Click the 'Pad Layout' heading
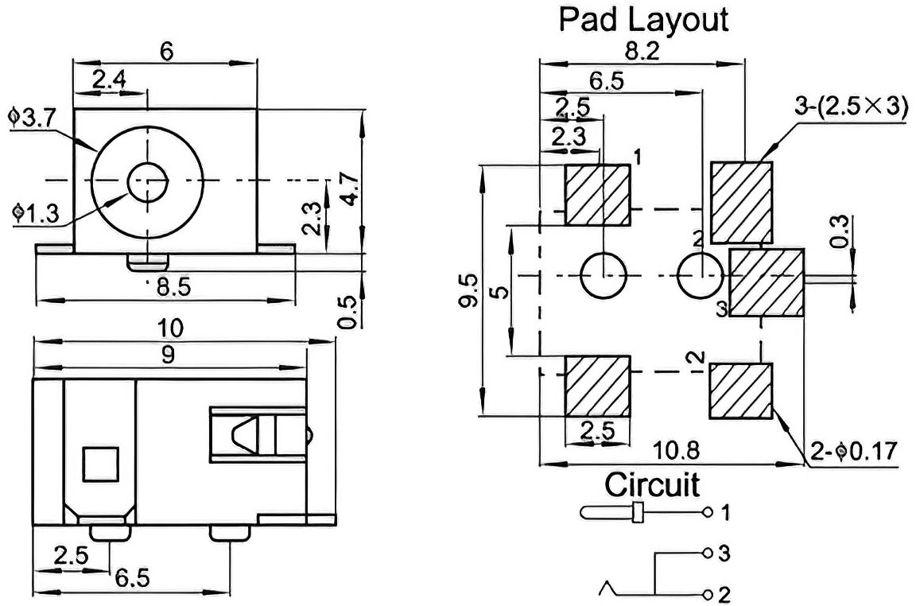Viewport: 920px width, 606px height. pyautogui.click(x=642, y=20)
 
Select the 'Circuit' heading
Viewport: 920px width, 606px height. pyautogui.click(x=652, y=485)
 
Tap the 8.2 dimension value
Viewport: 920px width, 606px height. pyautogui.click(x=642, y=51)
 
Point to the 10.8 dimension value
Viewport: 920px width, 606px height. pyautogui.click(x=676, y=451)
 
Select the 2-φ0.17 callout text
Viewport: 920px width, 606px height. pyautogui.click(x=854, y=452)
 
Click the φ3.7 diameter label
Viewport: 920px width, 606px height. pyautogui.click(x=31, y=118)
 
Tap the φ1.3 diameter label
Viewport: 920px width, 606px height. pyautogui.click(x=35, y=214)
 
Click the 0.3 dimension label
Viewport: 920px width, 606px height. pyautogui.click(x=840, y=231)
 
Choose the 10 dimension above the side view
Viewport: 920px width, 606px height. pyautogui.click(x=171, y=328)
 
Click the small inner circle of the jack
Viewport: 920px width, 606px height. pyautogui.click(x=148, y=179)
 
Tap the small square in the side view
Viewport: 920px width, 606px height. pyautogui.click(x=101, y=464)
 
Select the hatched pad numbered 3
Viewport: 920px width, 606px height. pyautogui.click(x=767, y=283)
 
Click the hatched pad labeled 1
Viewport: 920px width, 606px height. pyautogui.click(x=597, y=195)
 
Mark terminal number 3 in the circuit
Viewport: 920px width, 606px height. pyautogui.click(x=724, y=554)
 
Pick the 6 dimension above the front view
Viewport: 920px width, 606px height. pyautogui.click(x=167, y=52)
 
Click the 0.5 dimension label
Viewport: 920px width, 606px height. pyautogui.click(x=347, y=312)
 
